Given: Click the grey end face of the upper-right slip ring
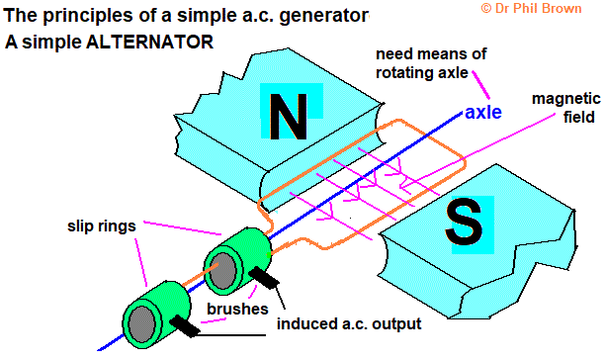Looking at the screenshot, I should (x=223, y=269).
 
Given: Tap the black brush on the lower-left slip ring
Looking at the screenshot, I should (x=188, y=324).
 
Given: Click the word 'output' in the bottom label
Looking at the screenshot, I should (x=393, y=323).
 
